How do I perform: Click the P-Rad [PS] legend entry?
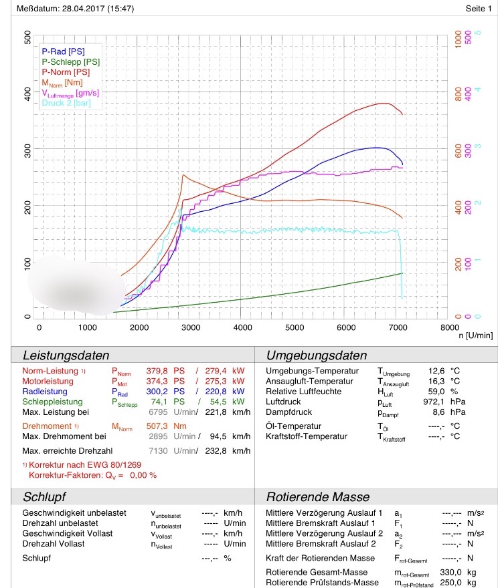pos(63,51)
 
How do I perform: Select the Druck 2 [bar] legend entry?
pos(66,103)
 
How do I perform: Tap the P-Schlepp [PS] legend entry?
pos(71,62)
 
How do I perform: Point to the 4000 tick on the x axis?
pos(243,327)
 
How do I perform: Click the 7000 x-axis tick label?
pos(398,327)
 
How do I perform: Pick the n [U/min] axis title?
pos(476,335)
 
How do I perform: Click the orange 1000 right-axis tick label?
pos(458,39)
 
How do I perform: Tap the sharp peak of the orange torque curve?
pos(183,175)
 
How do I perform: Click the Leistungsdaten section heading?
pos(66,355)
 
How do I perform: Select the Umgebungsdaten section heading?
pos(317,355)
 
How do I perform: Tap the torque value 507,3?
pos(157,426)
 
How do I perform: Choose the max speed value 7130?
pos(158,451)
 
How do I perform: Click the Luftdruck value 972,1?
pos(434,402)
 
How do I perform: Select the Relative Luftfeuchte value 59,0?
pos(436,392)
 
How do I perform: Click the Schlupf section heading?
pos(44,497)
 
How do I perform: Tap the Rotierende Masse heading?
pos(318,497)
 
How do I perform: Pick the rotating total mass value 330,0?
pos(450,572)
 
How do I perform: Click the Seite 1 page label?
pos(479,8)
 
